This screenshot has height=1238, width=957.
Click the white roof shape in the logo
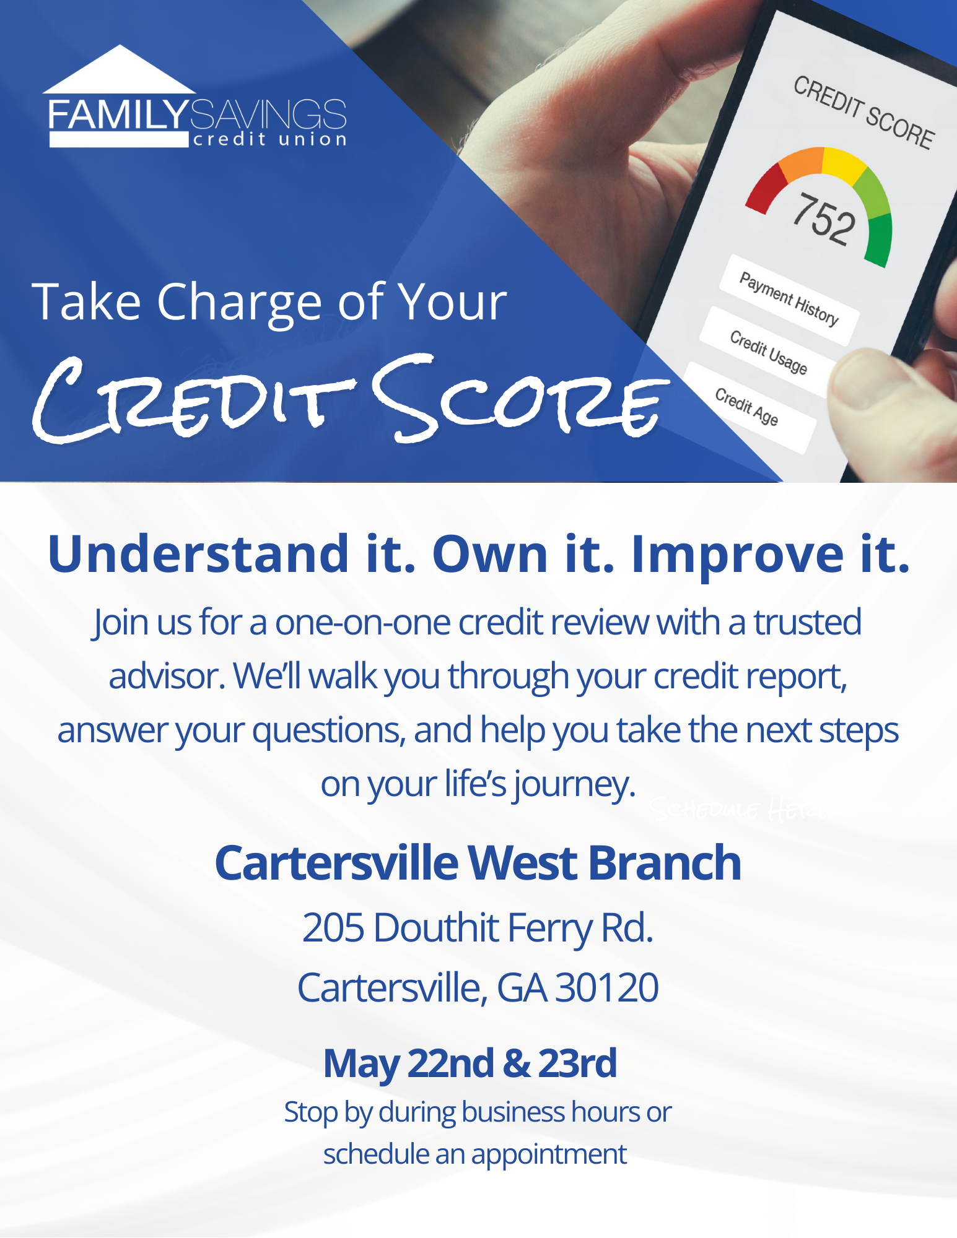tap(119, 73)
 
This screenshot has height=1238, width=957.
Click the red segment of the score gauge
tap(765, 188)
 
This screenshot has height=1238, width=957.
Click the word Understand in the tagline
tap(198, 553)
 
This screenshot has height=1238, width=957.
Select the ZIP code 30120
tap(606, 987)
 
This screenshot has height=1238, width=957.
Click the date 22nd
tap(450, 1063)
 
